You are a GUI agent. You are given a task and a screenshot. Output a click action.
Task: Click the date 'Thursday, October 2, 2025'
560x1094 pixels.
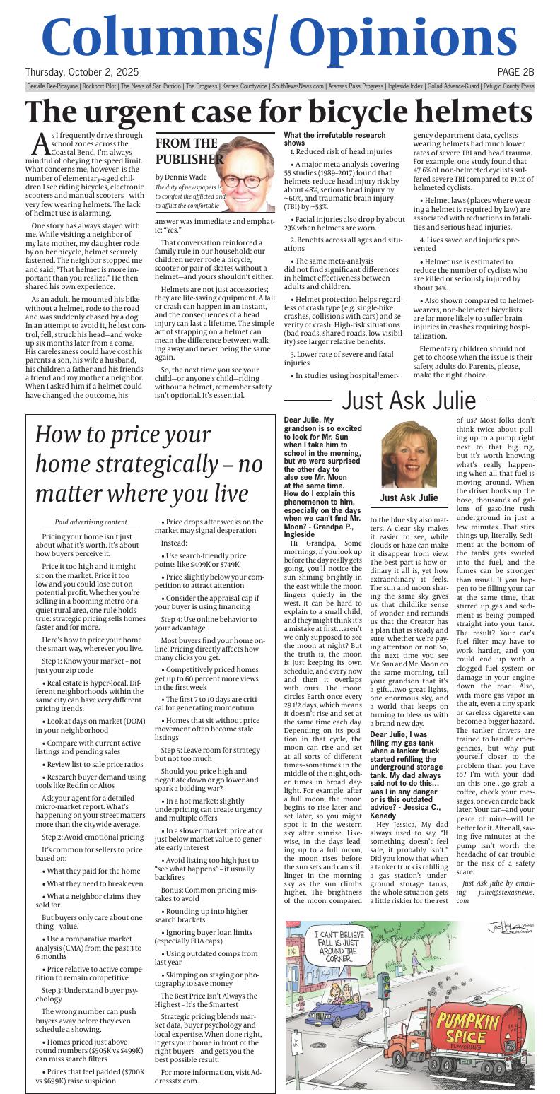82,72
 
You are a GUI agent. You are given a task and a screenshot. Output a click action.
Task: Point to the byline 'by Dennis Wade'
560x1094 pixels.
181,177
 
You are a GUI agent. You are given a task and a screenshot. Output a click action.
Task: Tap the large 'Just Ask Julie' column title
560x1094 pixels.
409,400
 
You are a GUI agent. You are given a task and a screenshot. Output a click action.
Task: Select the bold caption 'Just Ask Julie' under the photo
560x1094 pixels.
409,498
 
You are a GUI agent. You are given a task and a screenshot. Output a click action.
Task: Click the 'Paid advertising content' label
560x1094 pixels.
91,522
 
